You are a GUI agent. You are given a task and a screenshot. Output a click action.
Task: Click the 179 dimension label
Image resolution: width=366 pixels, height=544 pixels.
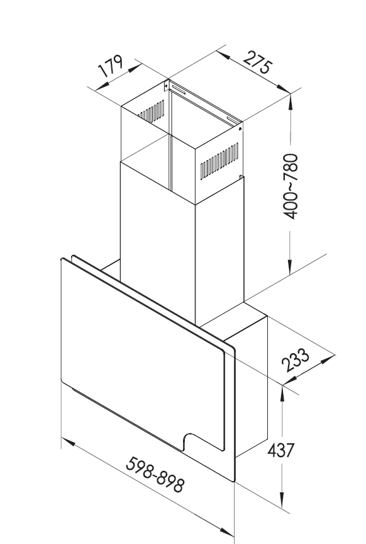click(111, 65)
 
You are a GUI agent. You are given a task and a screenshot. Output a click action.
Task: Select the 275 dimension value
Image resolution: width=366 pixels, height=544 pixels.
click(257, 62)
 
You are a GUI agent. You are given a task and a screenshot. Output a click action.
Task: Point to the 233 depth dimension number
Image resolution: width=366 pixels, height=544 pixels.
click(295, 360)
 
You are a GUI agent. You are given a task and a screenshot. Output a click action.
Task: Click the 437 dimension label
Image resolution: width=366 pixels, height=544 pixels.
click(280, 450)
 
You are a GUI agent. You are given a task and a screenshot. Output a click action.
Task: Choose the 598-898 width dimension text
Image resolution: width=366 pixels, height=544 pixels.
click(155, 475)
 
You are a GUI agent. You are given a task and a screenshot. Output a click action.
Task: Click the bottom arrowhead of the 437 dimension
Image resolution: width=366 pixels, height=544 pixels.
click(282, 499)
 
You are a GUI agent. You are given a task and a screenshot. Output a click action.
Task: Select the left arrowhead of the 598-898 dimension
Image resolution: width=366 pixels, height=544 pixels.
click(69, 442)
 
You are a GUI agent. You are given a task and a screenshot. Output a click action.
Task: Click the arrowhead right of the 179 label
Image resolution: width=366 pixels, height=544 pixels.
click(134, 68)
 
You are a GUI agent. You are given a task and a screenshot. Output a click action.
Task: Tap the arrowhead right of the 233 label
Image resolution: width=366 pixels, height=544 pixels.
click(328, 359)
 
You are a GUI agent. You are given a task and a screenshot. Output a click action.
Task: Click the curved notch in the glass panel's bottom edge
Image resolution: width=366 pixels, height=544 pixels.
click(190, 440)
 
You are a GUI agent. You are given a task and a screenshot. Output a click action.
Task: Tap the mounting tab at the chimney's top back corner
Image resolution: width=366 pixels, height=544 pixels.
click(167, 84)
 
